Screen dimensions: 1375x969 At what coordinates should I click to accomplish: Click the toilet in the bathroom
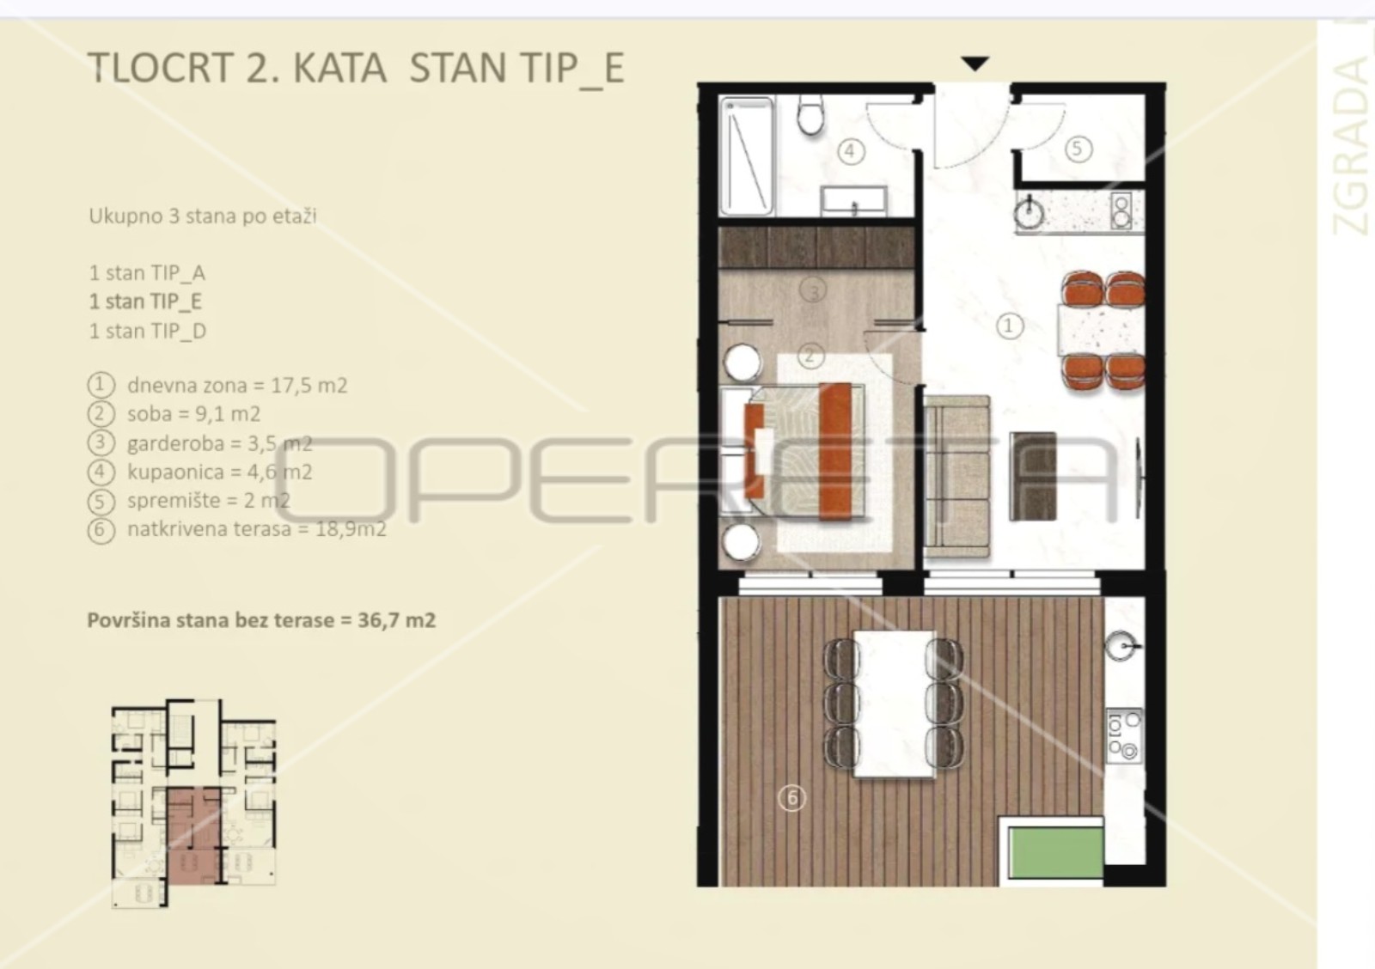pos(810,115)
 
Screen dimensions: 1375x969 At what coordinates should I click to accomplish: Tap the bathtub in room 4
pos(747,156)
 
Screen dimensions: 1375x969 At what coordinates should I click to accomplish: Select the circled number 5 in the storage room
pos(1078,149)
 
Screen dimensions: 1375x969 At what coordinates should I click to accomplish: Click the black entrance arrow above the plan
pos(975,64)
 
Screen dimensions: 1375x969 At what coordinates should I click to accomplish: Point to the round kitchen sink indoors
pos(1029,211)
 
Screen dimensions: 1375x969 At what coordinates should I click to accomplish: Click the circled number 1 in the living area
pos(1009,326)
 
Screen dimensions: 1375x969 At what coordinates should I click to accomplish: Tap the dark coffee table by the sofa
pos(1032,476)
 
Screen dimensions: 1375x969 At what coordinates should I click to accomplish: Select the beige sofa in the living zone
pos(956,477)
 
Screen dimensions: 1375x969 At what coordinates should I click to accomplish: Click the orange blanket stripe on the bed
pos(835,451)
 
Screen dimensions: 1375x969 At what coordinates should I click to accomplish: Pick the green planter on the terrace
pos(1056,852)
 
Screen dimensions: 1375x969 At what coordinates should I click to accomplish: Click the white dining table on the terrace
pos(895,704)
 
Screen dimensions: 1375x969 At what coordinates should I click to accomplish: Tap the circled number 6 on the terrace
pos(791,798)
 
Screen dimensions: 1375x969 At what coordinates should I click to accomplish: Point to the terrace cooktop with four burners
pos(1125,736)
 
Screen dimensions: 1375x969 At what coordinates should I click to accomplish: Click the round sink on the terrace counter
pos(1121,646)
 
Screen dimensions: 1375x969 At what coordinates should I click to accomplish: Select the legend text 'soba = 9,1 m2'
pos(194,414)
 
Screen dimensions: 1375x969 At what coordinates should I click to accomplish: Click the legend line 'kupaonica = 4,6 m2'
pos(220,472)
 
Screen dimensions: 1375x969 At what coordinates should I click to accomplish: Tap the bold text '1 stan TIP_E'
pos(145,302)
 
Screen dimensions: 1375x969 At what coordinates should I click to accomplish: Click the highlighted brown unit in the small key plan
pos(193,836)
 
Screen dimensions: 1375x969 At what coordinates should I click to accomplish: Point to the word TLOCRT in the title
pos(161,68)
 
